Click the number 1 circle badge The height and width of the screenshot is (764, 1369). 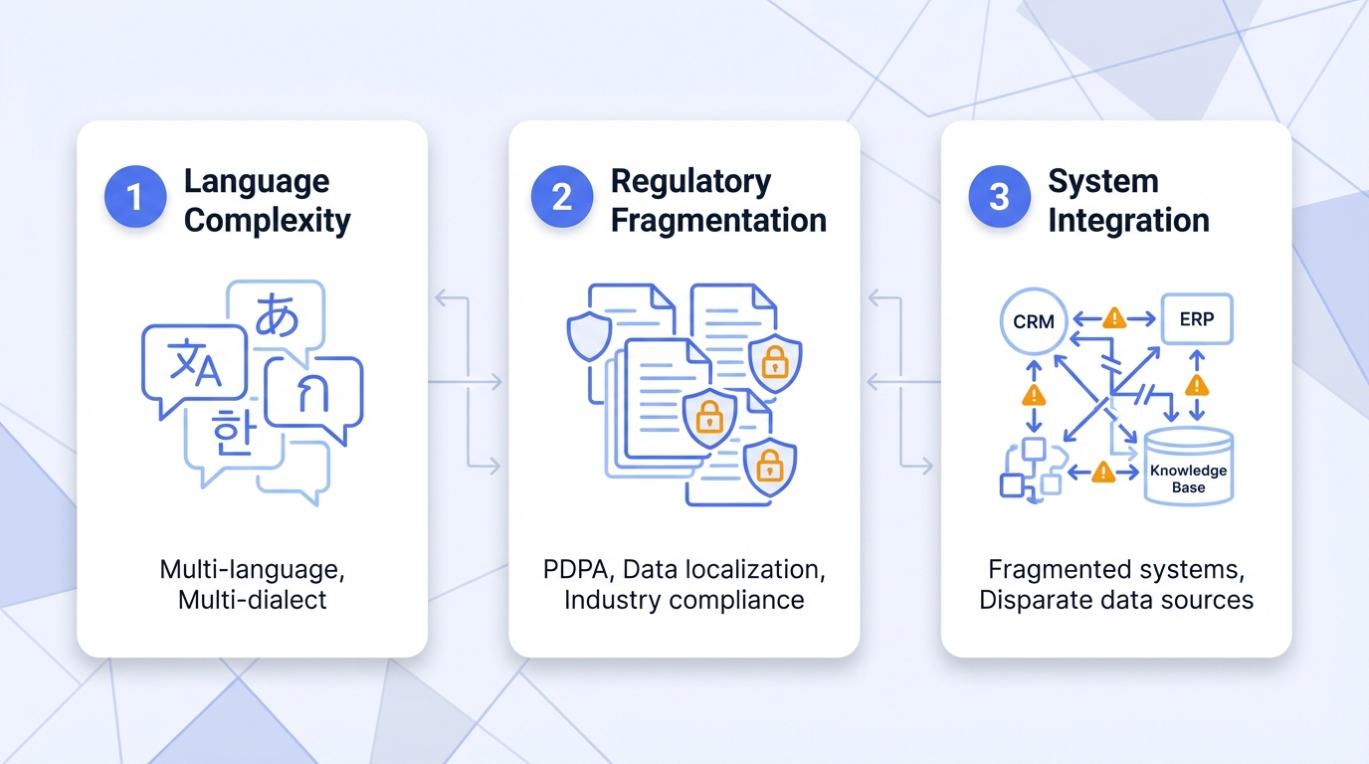[x=133, y=197]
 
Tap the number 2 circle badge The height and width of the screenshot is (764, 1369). [x=561, y=197]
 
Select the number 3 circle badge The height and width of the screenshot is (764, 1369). [x=998, y=197]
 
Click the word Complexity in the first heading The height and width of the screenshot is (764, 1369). [x=268, y=220]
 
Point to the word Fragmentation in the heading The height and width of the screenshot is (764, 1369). [x=718, y=220]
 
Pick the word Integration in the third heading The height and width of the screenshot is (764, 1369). [x=1128, y=220]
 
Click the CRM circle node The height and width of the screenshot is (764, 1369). [x=1033, y=321]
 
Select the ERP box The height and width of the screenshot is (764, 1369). [x=1196, y=319]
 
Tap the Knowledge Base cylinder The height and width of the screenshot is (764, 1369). [x=1188, y=469]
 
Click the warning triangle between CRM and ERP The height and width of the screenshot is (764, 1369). [x=1114, y=318]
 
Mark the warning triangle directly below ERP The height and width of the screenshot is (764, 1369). [x=1197, y=385]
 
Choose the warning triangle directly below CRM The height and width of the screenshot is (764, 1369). [x=1034, y=395]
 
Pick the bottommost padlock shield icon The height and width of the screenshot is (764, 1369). [x=769, y=465]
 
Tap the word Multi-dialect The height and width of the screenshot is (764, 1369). [x=253, y=600]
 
